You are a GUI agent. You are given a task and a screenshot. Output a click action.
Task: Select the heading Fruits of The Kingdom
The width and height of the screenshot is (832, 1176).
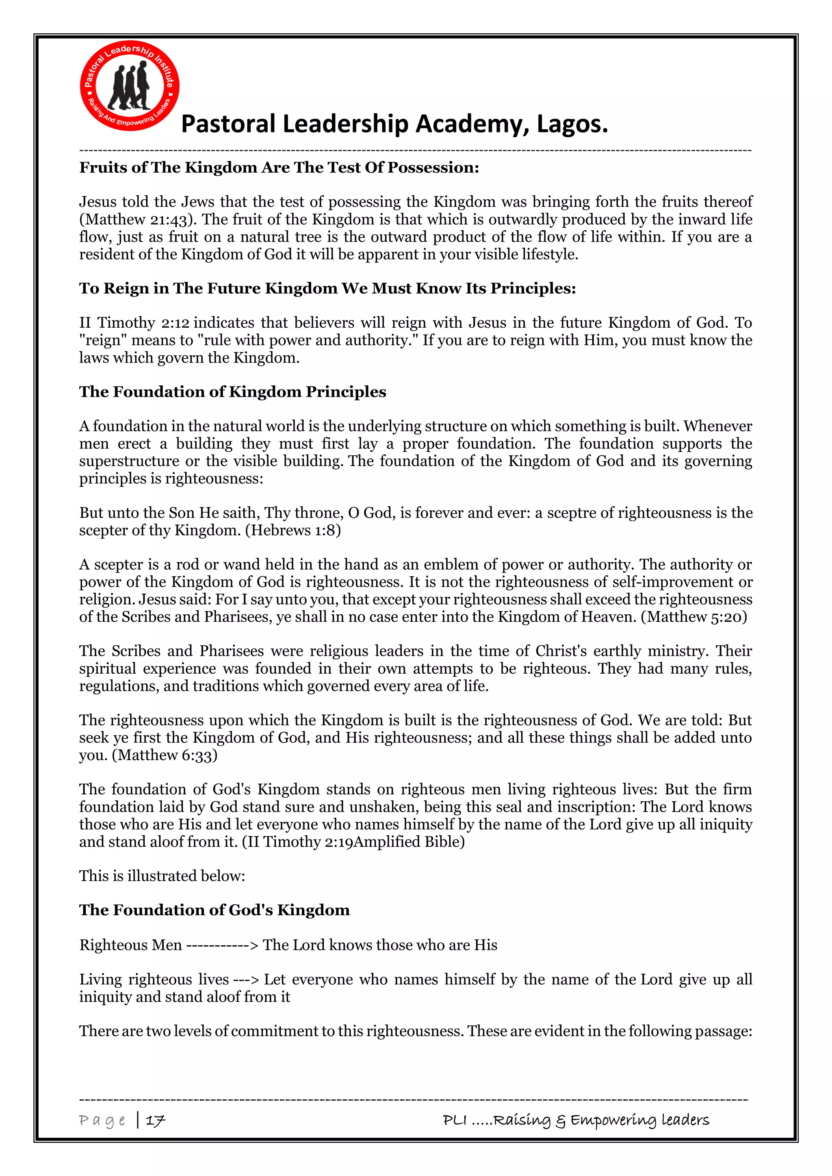coord(279,167)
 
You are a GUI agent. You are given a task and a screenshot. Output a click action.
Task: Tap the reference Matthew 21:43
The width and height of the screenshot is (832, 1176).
coord(138,220)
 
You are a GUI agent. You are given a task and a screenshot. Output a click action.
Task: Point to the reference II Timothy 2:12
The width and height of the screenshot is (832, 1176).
coord(134,323)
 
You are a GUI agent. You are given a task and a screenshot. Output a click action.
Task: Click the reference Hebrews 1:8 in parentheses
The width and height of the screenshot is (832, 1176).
coord(293,530)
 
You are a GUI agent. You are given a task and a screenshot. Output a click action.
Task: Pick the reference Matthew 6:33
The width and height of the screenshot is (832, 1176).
coord(165,755)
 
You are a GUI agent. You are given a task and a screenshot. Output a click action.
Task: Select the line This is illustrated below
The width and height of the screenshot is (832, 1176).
coord(162,876)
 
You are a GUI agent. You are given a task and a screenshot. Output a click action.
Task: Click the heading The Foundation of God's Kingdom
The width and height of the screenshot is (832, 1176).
coord(214,910)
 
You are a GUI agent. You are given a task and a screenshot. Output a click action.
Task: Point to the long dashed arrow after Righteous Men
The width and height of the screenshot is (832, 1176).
coord(222,945)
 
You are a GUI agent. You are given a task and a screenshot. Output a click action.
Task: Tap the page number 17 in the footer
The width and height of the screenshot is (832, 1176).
coord(155,1121)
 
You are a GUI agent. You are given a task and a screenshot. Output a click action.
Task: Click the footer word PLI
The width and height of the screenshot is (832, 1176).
coord(455,1120)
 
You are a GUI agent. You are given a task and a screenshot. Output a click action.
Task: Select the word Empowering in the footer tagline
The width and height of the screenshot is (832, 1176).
coord(613,1121)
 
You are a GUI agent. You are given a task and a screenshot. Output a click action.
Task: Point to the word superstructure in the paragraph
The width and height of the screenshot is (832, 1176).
coord(129,461)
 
